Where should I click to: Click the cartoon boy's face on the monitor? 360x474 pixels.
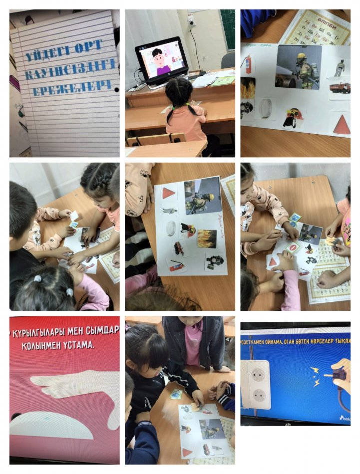click(158, 55)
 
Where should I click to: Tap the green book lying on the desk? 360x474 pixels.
click(222, 81)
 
